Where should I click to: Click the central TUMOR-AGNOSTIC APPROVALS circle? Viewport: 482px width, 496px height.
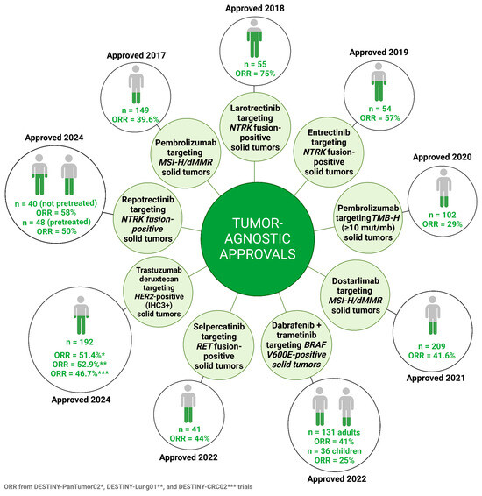(258, 238)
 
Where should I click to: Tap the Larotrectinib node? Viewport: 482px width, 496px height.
(255, 127)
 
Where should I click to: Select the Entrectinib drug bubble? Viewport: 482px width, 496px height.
(329, 152)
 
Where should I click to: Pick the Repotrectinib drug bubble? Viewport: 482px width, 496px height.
(148, 218)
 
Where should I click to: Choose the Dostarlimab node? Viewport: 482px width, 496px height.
(356, 295)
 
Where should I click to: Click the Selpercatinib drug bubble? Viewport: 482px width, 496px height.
(219, 346)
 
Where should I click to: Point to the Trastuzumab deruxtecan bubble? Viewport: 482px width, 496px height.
(158, 291)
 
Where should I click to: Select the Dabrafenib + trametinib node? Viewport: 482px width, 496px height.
(296, 344)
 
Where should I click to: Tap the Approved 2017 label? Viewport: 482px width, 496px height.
(136, 55)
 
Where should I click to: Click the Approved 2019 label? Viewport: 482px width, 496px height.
(379, 53)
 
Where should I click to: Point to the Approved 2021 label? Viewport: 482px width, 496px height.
(436, 378)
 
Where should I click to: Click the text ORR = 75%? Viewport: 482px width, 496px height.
(255, 74)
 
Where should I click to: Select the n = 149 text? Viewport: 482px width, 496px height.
(135, 110)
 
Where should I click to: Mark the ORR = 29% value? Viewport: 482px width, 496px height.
(443, 224)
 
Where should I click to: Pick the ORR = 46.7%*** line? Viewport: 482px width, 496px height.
(80, 373)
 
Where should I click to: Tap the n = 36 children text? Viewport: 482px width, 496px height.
(334, 450)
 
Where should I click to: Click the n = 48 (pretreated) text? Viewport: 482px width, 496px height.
(56, 222)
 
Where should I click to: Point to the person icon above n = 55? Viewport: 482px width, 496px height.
(254, 39)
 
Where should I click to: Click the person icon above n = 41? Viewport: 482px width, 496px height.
(188, 404)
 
